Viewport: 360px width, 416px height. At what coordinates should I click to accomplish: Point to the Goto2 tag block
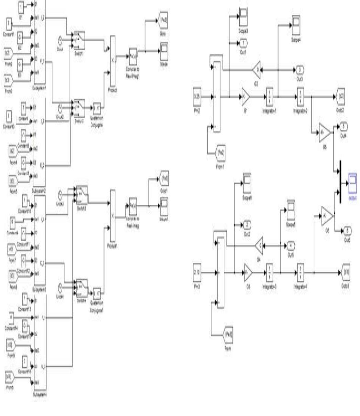pos(340,97)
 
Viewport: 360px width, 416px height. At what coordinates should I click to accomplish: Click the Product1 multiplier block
pos(113,216)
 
